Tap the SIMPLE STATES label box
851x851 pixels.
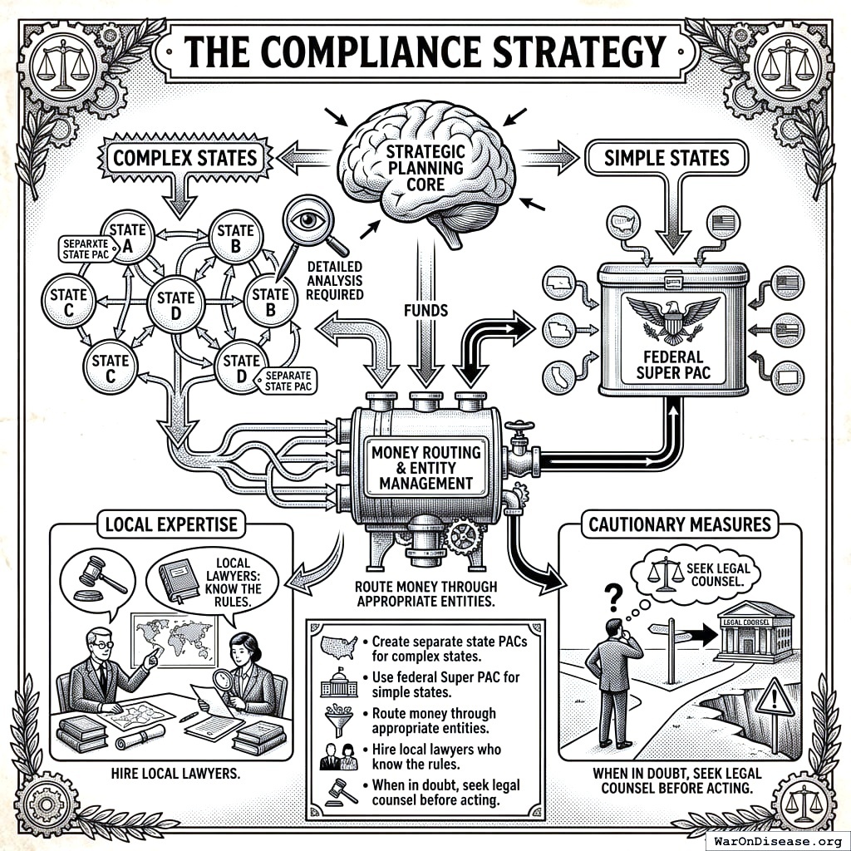667,157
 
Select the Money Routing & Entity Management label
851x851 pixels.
425,466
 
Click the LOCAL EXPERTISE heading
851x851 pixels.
171,524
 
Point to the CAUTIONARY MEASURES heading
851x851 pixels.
679,524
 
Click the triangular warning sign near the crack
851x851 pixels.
775,696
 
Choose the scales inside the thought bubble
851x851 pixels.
665,573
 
